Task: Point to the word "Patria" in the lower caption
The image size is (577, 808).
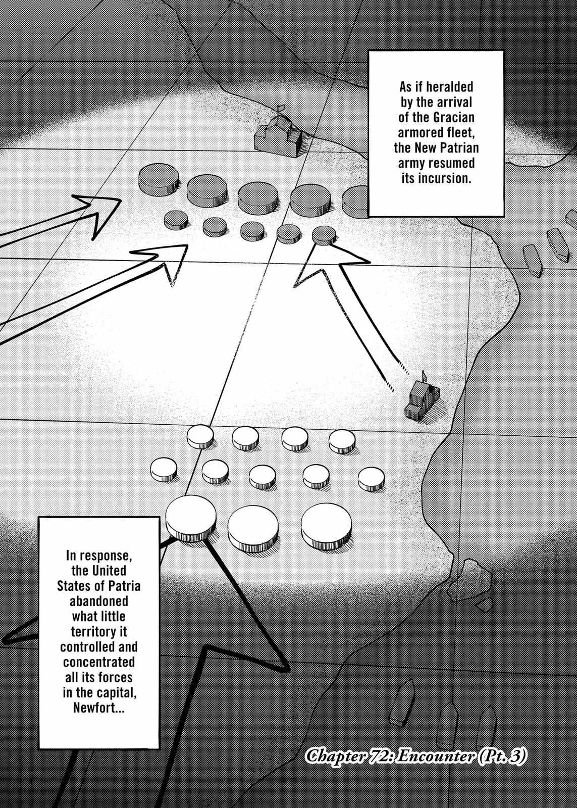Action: [123, 586]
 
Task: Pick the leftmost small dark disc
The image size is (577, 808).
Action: [176, 220]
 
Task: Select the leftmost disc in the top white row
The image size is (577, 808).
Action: [200, 437]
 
